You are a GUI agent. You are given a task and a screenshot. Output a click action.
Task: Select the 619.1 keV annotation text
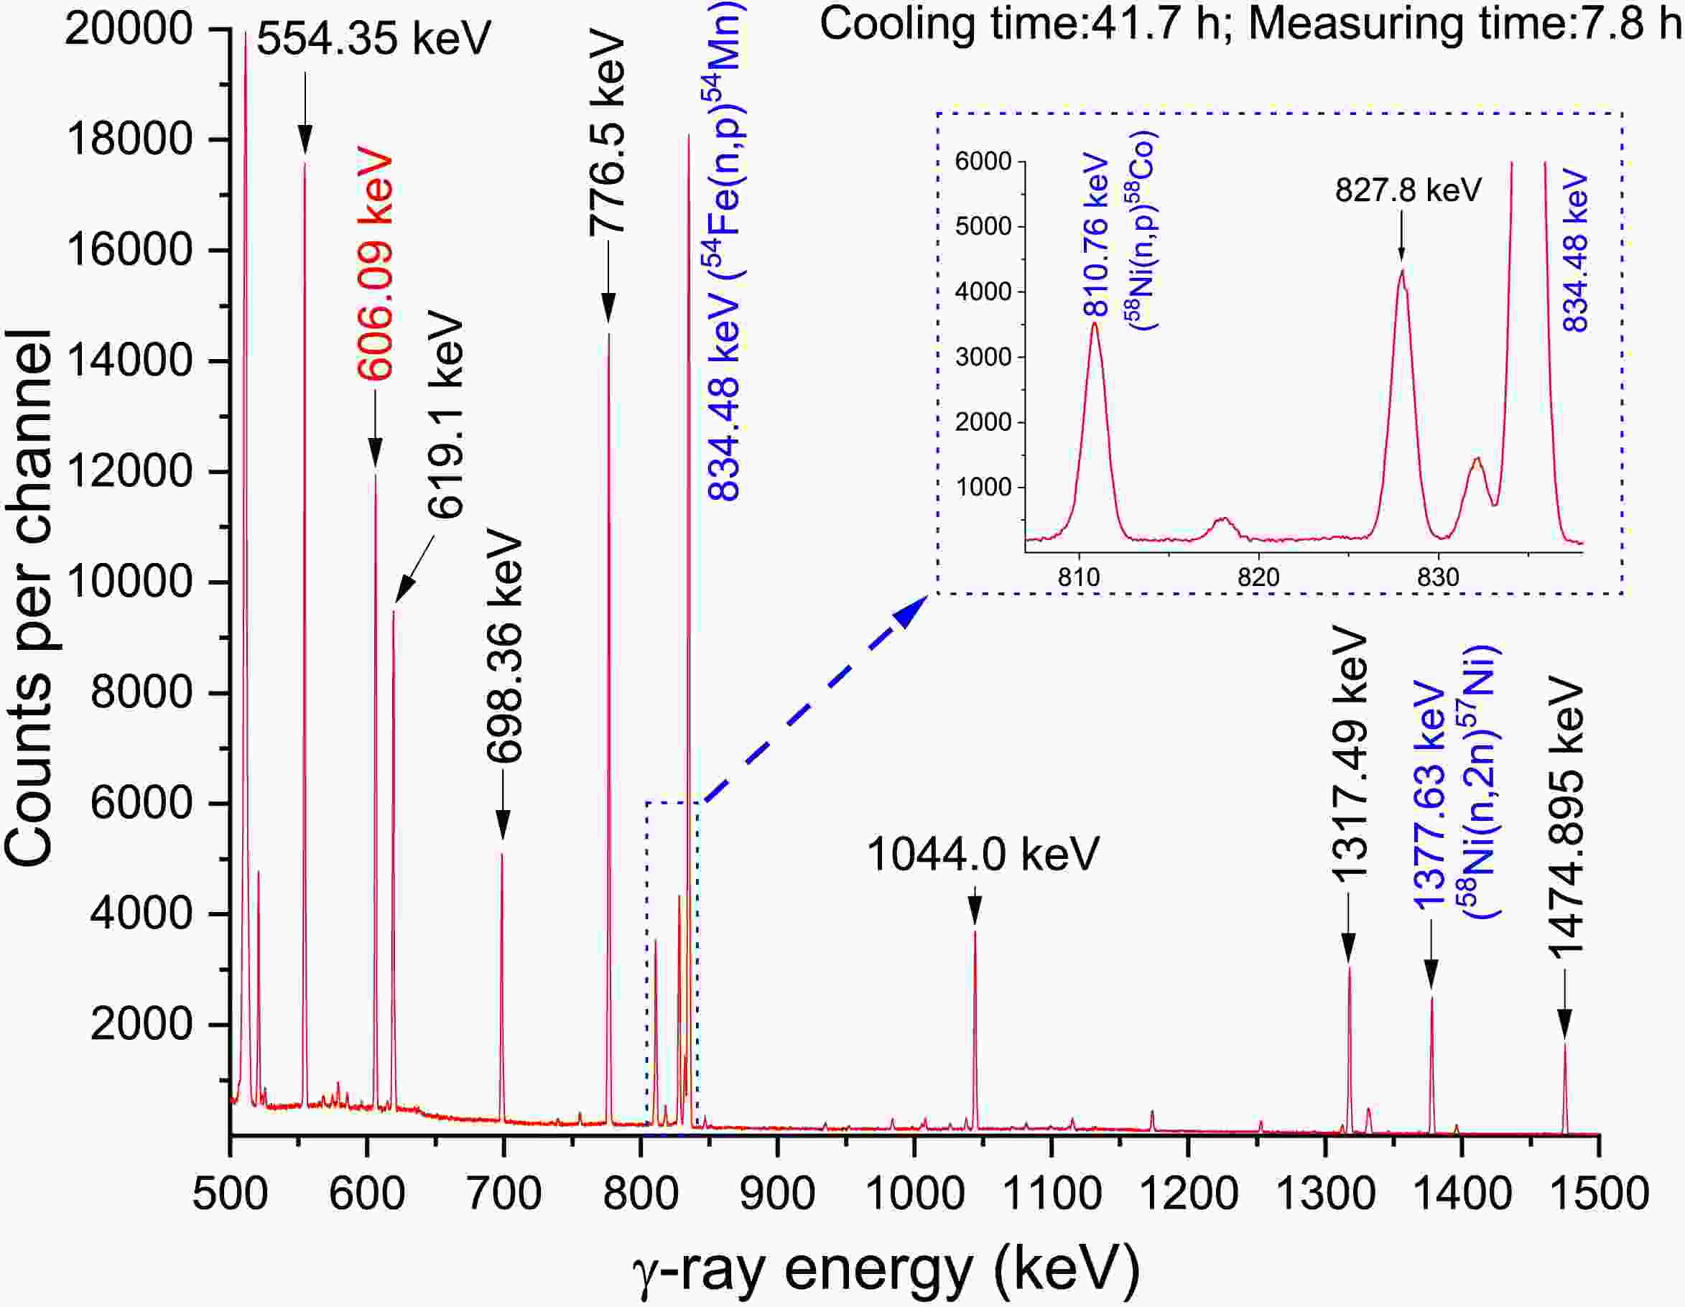tap(446, 417)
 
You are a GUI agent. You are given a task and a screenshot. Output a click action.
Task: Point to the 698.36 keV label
tap(506, 646)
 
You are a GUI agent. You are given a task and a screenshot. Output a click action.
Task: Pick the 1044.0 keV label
tap(982, 855)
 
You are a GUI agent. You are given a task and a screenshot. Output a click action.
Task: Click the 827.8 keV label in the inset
tap(1408, 190)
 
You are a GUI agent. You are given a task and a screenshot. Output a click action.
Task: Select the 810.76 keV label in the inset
tap(1096, 237)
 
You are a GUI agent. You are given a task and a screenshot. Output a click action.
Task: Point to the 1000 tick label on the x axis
tap(914, 1194)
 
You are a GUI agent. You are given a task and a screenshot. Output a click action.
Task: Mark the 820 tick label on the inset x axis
tap(1258, 577)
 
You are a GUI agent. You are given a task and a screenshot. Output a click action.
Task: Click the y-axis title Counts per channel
tap(29, 598)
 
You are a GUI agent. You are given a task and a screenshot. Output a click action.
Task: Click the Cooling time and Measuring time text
tap(1250, 23)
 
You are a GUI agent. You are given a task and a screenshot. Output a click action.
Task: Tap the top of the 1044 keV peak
tap(975, 932)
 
